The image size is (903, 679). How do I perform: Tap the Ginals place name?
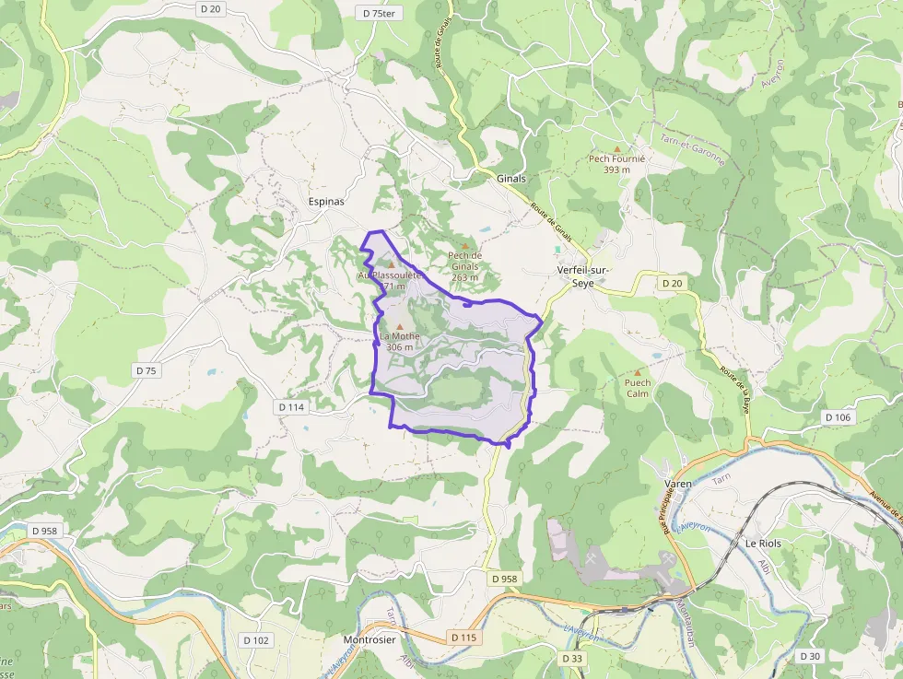coord(511,178)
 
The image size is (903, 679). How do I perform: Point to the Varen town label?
coord(677,484)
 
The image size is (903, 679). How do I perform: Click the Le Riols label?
coord(763,544)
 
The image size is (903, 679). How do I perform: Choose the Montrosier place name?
coord(369,640)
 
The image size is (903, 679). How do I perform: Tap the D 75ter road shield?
coord(379,13)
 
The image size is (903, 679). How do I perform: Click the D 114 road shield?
coord(291,406)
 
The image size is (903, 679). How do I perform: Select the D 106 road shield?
coord(838,417)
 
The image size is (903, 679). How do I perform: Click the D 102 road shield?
coord(255,640)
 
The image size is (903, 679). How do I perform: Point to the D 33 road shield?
coord(572,658)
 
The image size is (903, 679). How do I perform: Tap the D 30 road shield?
coord(809,656)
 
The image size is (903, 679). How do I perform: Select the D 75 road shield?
coord(147,370)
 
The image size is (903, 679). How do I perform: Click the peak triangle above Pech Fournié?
coord(617,147)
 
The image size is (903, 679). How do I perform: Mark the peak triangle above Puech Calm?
coord(637,372)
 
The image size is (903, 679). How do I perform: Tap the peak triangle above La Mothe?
coord(400,325)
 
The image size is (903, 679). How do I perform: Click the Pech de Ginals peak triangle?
coord(465,245)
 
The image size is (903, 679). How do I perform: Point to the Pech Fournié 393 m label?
coord(617,164)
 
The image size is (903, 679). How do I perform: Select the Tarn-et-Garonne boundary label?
coord(692,150)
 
